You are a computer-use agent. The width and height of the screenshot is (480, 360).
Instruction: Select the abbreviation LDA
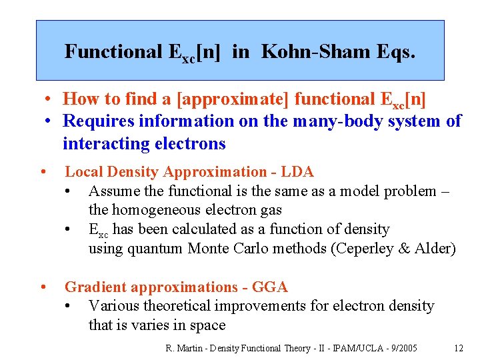click(299, 172)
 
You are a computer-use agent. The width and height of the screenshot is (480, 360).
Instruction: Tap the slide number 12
click(458, 347)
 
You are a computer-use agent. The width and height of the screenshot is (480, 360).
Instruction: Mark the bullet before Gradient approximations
click(42, 287)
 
